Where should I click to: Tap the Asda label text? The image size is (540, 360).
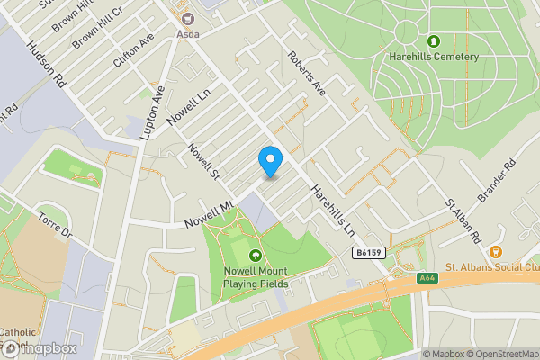coord(187,33)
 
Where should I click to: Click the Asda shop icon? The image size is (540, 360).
coord(187,18)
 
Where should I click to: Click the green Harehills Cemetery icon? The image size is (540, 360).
coord(433,41)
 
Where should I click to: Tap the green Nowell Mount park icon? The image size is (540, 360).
coord(256,256)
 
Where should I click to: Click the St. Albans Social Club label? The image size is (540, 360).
coord(490,268)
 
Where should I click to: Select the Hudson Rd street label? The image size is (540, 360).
coord(46,66)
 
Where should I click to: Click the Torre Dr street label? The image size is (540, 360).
coord(54,224)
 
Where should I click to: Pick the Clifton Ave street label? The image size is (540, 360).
coord(133,51)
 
